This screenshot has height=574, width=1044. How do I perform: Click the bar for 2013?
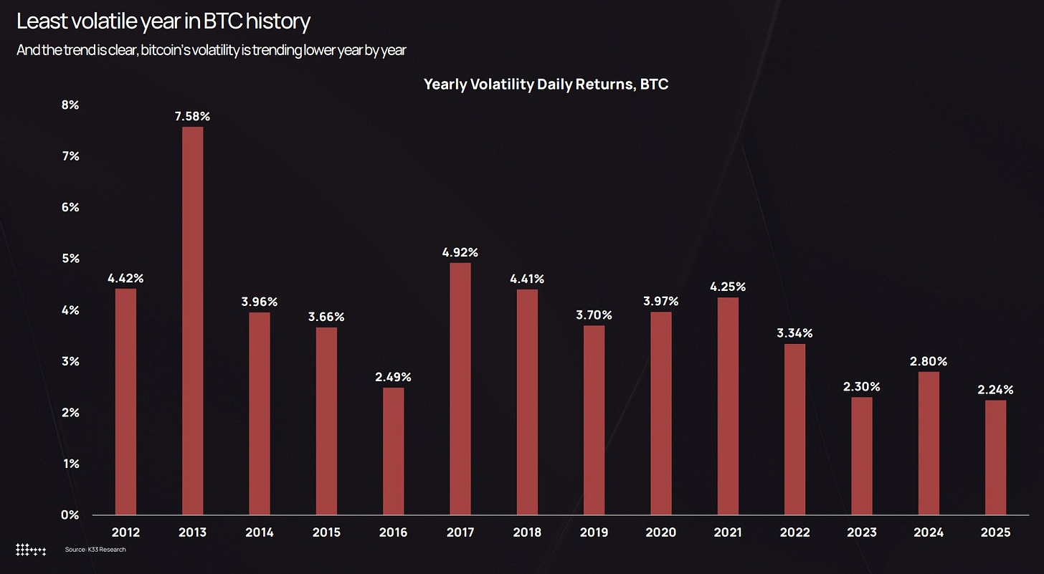(192, 320)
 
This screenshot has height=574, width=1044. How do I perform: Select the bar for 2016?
(394, 451)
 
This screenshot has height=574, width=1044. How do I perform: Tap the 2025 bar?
(995, 457)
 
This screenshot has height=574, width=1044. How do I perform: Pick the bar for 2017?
(460, 388)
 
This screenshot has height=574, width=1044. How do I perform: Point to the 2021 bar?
(728, 406)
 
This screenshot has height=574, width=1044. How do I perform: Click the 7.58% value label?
(192, 116)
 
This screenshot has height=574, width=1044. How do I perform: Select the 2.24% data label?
(995, 390)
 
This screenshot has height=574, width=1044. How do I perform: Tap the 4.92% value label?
(460, 252)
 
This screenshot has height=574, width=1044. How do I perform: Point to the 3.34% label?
(794, 333)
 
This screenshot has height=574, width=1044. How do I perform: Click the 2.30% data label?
(862, 387)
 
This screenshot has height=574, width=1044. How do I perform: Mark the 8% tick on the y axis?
(70, 105)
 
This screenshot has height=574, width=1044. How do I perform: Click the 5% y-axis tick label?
(70, 259)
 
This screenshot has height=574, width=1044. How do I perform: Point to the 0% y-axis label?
(70, 515)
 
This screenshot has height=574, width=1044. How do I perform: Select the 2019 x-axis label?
(594, 532)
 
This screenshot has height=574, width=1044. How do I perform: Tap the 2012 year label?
(125, 532)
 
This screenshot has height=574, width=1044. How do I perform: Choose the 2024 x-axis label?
(929, 532)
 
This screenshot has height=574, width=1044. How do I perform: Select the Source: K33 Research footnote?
(95, 550)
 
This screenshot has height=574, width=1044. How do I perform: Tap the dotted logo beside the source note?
(31, 550)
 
